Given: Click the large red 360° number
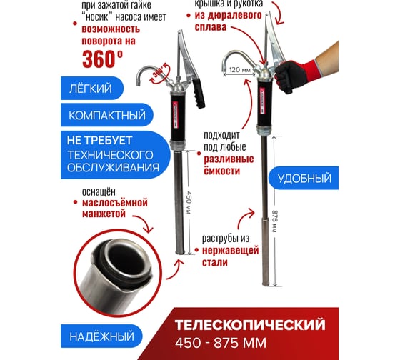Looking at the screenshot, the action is click(103, 59).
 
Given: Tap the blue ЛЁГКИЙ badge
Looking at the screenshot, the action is click(92, 89).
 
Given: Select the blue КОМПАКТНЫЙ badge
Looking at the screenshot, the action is click(107, 115).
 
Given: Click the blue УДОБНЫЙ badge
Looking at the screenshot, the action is click(304, 178).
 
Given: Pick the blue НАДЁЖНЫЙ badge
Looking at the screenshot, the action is click(101, 336).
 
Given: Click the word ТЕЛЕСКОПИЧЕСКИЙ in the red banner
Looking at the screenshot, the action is click(250, 325).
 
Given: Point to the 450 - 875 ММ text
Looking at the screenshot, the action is click(221, 343).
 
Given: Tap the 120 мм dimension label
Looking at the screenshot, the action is click(239, 70).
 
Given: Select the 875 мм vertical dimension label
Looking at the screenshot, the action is click(274, 221).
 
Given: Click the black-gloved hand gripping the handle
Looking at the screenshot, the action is click(289, 76).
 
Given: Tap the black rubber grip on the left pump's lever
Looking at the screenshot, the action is click(199, 93).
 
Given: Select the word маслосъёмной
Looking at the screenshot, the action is click(115, 203).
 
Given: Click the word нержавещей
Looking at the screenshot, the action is click(230, 250).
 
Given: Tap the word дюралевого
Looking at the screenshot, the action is click(228, 15).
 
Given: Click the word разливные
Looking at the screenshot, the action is click(229, 159).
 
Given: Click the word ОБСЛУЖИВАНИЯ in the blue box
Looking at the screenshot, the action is click(113, 168).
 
